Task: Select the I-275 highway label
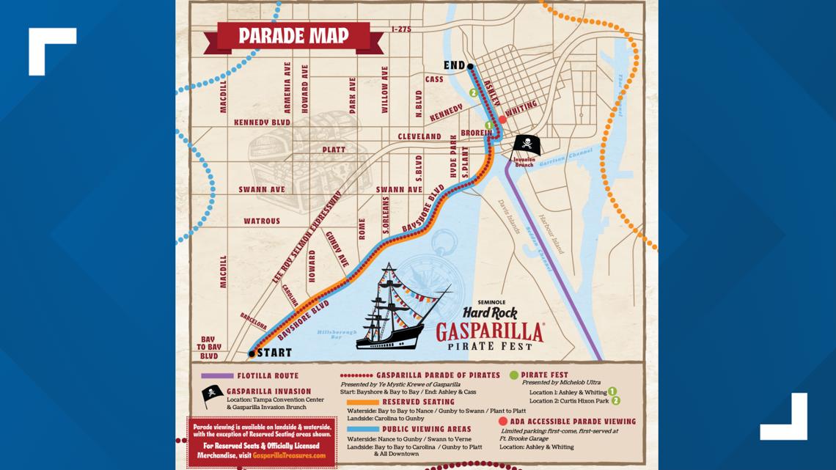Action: tap(403, 29)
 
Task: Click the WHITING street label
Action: tap(521, 109)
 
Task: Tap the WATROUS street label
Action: tap(262, 221)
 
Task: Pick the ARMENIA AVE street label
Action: tap(287, 87)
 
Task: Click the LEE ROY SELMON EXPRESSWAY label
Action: tap(307, 237)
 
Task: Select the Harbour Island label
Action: tap(551, 233)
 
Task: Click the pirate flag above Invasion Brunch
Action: tap(526, 144)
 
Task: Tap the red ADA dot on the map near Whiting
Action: tap(503, 120)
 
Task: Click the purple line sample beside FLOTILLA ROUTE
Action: tap(217, 375)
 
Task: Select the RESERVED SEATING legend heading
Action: tap(418, 402)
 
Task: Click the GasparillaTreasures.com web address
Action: tap(289, 455)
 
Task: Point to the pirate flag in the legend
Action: tap(212, 394)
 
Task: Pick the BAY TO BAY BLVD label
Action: tap(209, 348)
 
